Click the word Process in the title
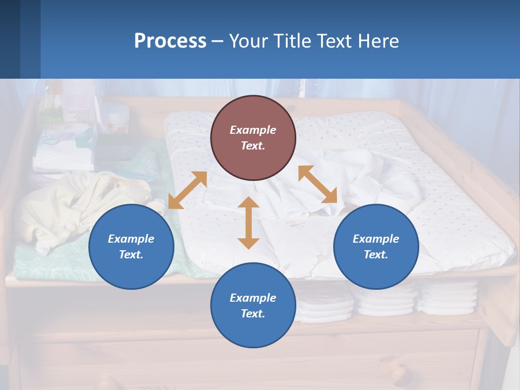170,41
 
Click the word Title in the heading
292,41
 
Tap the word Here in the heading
378,41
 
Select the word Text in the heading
334,41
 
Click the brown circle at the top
253,138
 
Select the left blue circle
131,246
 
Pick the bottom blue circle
253,305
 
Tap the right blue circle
376,246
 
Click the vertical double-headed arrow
249,223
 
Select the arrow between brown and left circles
187,190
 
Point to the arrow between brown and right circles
317,184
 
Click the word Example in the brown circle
253,130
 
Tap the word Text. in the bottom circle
253,314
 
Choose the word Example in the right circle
376,239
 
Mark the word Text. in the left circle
131,255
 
